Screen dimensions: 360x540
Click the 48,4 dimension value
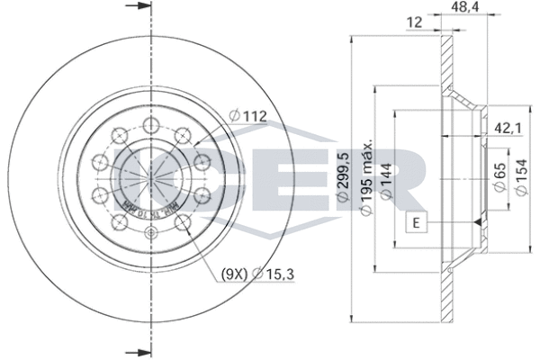(x=464, y=10)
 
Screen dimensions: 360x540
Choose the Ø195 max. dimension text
(x=368, y=180)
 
